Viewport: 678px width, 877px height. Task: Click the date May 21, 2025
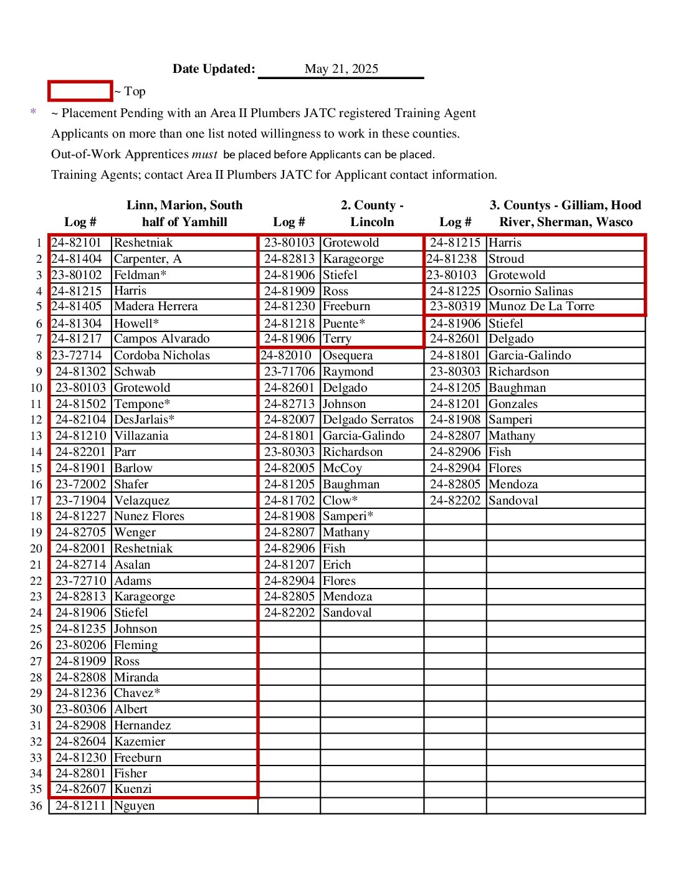coord(341,69)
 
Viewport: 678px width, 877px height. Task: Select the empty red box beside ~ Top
coord(80,91)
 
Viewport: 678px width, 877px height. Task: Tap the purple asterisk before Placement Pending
coord(33,113)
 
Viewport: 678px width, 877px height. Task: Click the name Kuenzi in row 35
coord(133,789)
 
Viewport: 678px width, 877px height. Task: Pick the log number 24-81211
coord(80,806)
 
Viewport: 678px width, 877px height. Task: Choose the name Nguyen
coord(134,806)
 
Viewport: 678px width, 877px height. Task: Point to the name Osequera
coord(347,356)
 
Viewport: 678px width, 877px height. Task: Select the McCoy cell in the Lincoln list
coord(342,468)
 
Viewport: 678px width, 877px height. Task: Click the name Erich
coord(337,565)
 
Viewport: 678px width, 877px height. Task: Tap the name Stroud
coord(506,259)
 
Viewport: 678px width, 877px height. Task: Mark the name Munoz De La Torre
coord(541,306)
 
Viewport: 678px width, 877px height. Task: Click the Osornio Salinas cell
coord(530,292)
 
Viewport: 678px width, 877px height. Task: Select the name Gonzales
coord(513,404)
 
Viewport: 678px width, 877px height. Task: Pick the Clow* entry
coord(340,501)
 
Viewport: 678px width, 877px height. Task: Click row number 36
coord(36,806)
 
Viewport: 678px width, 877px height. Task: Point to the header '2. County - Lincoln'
coord(372,214)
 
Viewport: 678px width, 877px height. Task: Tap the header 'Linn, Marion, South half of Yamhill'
coord(184,214)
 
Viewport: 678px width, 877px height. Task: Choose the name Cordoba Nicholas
coord(161,356)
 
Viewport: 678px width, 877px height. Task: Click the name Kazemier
coord(140,742)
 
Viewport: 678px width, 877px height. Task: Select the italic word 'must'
coord(204,154)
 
